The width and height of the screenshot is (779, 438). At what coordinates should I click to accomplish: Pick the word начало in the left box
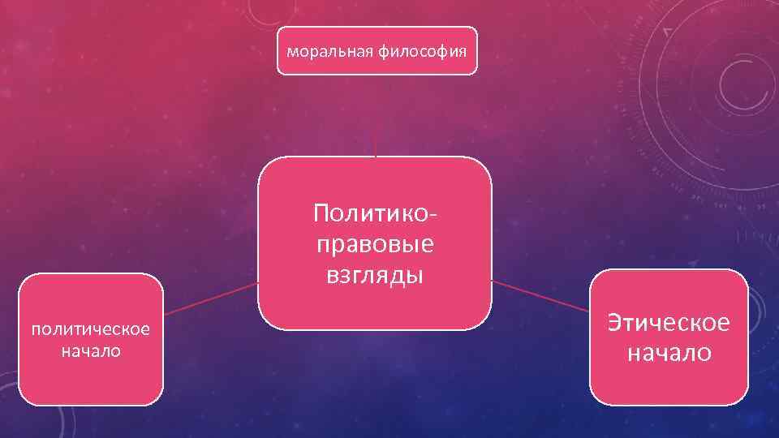(90, 351)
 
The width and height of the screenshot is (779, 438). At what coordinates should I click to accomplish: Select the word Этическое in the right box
(669, 322)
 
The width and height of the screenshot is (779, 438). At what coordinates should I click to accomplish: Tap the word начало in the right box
(669, 353)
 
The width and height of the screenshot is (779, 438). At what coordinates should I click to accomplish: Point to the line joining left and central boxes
(211, 297)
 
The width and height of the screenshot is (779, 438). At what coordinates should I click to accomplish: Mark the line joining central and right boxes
(541, 296)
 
